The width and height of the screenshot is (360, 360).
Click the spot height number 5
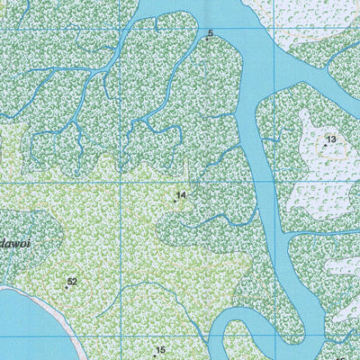pyautogui.click(x=211, y=33)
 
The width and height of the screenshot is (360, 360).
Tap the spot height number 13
pyautogui.click(x=330, y=139)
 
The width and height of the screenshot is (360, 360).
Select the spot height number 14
pyautogui.click(x=181, y=194)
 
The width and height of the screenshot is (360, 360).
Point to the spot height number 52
pyautogui.click(x=72, y=282)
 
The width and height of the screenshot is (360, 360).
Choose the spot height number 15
pyautogui.click(x=161, y=350)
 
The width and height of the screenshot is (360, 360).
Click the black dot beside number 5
pyautogui.click(x=207, y=39)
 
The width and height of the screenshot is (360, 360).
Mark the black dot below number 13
pyautogui.click(x=325, y=145)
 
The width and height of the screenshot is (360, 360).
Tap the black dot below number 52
pyautogui.click(x=67, y=288)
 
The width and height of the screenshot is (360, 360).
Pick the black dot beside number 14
pyautogui.click(x=175, y=201)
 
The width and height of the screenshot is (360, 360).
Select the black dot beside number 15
pyautogui.click(x=154, y=356)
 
